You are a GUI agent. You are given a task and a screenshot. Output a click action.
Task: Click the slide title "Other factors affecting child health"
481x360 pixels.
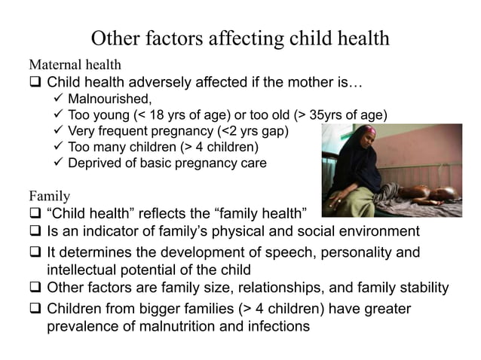click(x=240, y=38)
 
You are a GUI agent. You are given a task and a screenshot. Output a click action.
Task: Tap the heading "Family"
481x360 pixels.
click(x=49, y=197)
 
